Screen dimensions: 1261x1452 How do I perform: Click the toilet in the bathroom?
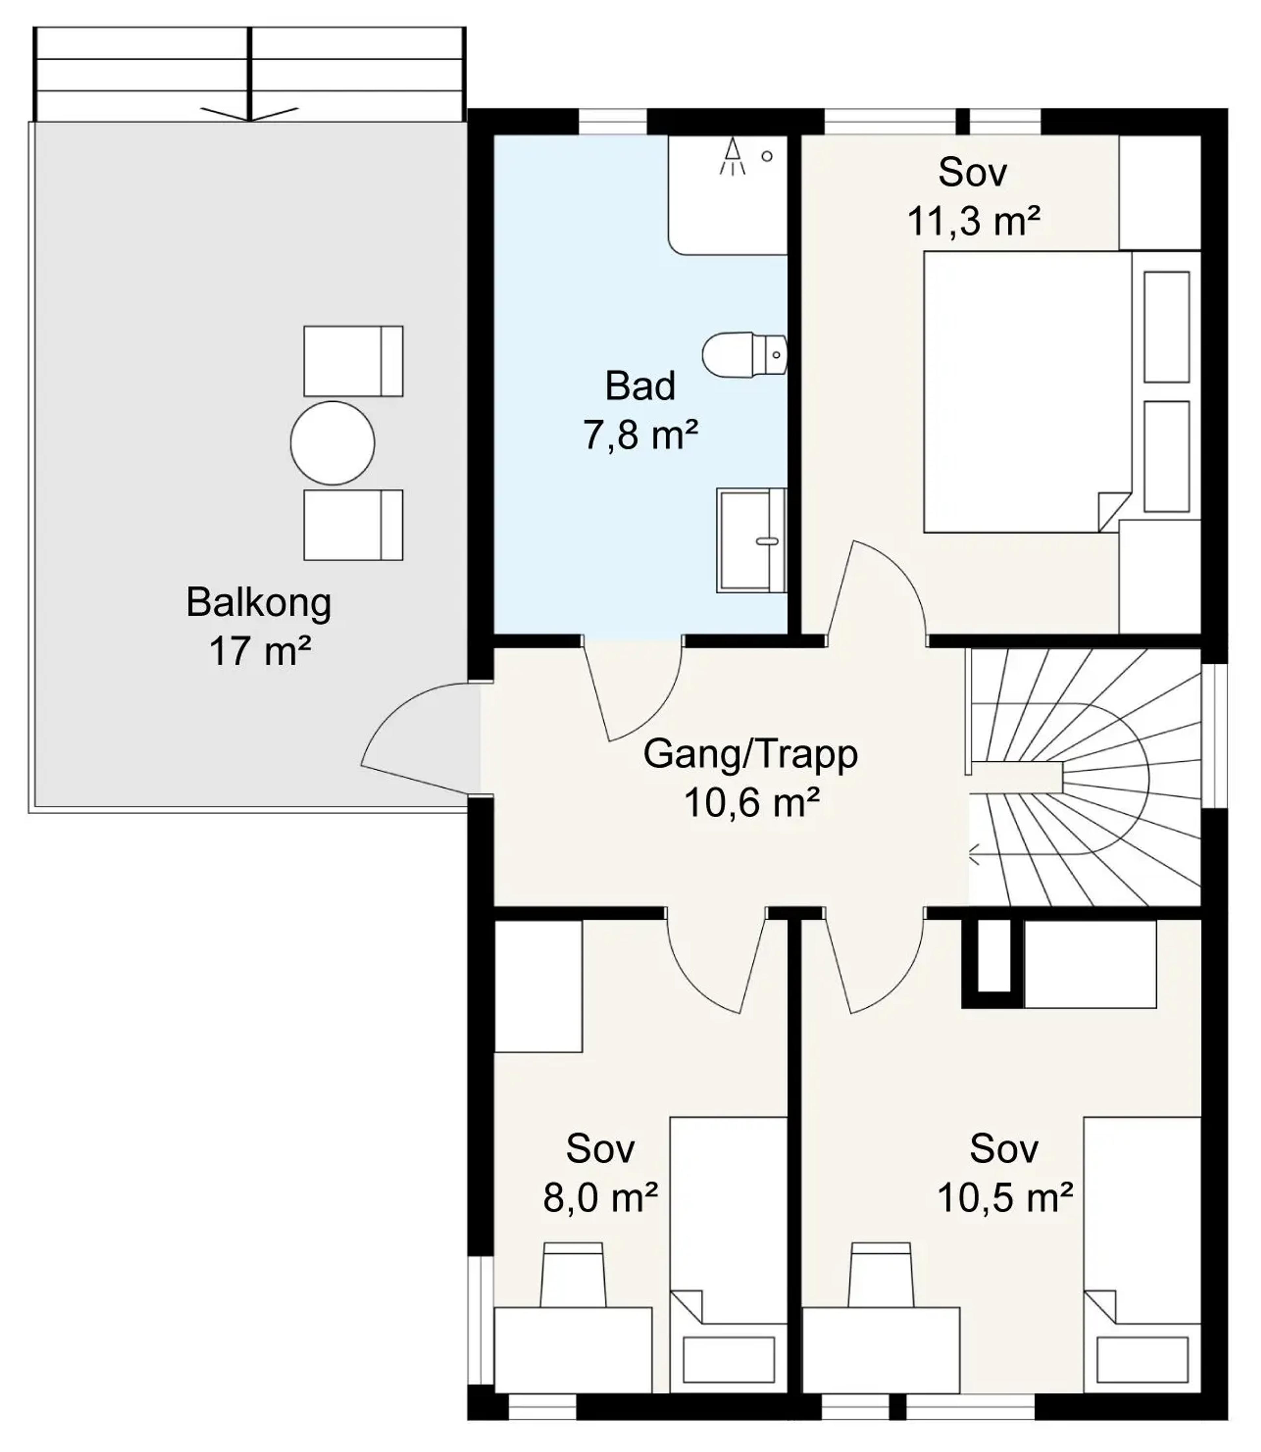click(744, 354)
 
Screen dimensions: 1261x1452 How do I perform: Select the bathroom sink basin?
click(752, 540)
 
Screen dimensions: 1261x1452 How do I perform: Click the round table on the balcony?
click(332, 443)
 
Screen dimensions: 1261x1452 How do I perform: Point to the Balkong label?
click(259, 603)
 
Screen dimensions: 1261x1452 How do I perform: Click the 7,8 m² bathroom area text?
click(640, 435)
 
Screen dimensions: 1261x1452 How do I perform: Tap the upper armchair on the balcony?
click(353, 361)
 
